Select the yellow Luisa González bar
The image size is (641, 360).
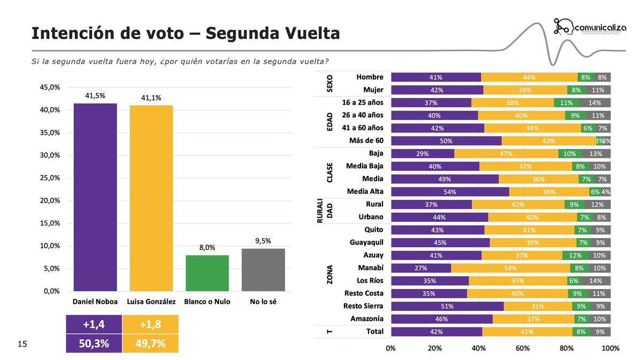point(151,198)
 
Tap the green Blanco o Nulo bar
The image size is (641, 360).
point(207,273)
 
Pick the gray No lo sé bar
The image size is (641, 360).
point(263,270)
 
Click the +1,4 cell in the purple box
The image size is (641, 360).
point(93,326)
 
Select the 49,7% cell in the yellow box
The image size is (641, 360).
point(150,343)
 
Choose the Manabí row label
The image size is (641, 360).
point(370,268)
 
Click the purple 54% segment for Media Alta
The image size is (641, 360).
point(450,192)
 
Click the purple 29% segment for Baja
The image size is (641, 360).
point(423,153)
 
